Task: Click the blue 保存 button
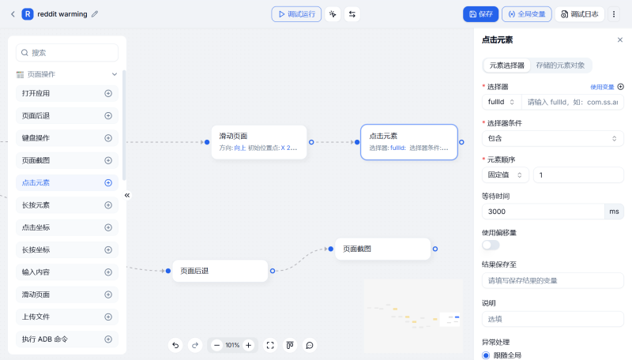click(480, 13)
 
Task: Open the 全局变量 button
click(527, 13)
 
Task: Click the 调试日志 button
click(580, 13)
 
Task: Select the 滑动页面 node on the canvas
click(258, 141)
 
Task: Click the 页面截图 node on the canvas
click(382, 249)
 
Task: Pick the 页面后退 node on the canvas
click(220, 271)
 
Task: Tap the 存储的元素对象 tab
click(560, 66)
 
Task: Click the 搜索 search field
click(67, 53)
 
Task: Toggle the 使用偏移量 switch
click(491, 245)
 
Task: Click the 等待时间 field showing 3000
click(542, 212)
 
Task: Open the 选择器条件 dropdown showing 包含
click(552, 138)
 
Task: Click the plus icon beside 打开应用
click(108, 93)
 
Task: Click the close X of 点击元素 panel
click(619, 39)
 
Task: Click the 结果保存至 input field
click(552, 280)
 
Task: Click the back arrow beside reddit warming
click(13, 13)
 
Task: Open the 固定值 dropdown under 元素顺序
click(505, 174)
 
